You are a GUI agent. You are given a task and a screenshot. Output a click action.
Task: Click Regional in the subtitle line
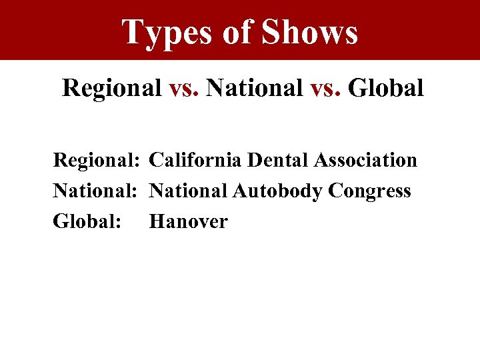(112, 87)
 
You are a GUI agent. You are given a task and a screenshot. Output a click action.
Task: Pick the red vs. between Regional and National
(184, 87)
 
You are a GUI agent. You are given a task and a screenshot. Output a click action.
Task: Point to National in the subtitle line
(255, 87)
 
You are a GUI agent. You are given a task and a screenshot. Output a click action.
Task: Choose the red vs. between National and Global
(325, 87)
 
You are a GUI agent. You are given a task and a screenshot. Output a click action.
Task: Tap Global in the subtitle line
(386, 87)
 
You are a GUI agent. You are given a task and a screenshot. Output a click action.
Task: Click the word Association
(367, 160)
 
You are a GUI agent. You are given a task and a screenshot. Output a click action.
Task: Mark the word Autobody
(278, 191)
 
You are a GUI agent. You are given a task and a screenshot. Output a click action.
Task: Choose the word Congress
(370, 191)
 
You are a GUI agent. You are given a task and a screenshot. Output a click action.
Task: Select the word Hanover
(189, 221)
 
